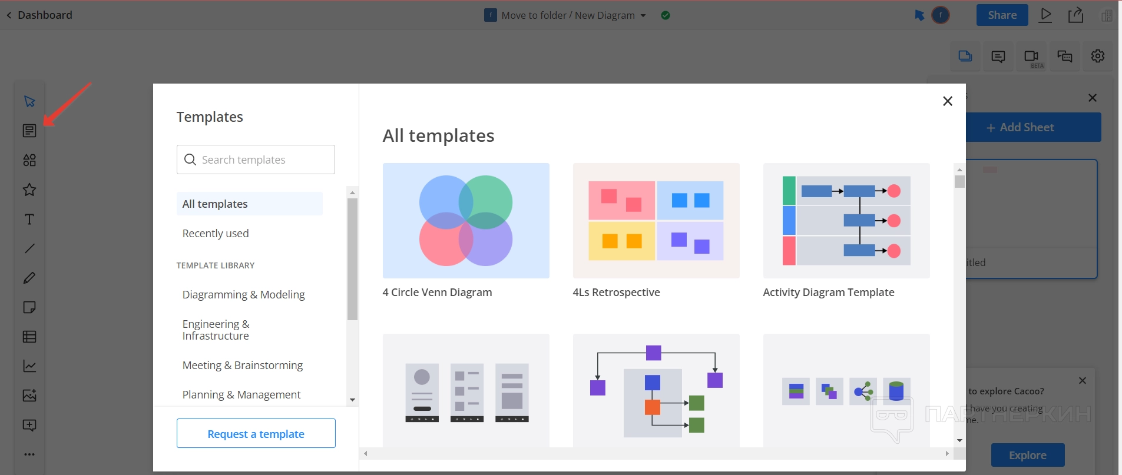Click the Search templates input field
click(256, 160)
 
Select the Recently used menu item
click(216, 234)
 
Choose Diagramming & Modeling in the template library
click(243, 295)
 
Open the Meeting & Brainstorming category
click(242, 366)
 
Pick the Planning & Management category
click(241, 395)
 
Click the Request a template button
click(256, 434)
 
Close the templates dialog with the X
click(947, 101)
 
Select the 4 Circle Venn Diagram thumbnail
click(465, 221)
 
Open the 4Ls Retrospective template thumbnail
click(656, 221)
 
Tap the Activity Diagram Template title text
click(828, 293)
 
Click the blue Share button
click(1002, 15)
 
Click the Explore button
click(1027, 455)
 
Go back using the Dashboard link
click(39, 15)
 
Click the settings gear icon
click(1097, 57)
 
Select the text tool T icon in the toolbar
click(29, 220)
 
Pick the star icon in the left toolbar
click(29, 190)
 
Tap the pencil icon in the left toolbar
click(29, 278)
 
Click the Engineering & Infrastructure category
click(216, 330)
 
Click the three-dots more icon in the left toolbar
click(29, 454)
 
